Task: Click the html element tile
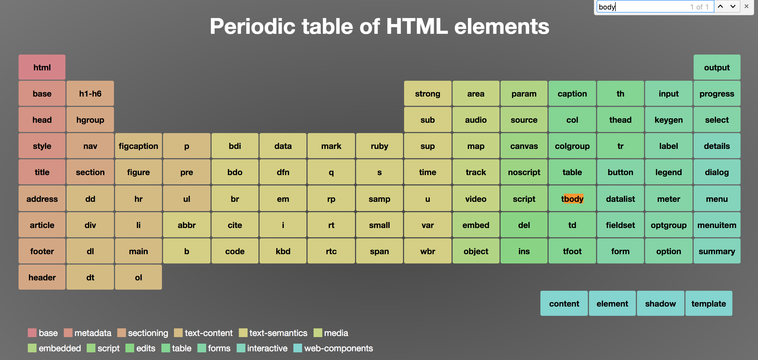pyautogui.click(x=42, y=67)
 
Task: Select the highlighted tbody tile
pyautogui.click(x=572, y=199)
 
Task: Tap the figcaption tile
pyautogui.click(x=138, y=146)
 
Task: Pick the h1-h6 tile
pyautogui.click(x=90, y=94)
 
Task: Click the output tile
pyautogui.click(x=717, y=67)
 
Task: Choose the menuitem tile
pyautogui.click(x=717, y=225)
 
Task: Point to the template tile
pyautogui.click(x=708, y=304)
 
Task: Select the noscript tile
pyautogui.click(x=524, y=172)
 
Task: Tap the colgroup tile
pyautogui.click(x=572, y=146)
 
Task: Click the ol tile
pyautogui.click(x=138, y=277)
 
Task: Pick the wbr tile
pyautogui.click(x=427, y=251)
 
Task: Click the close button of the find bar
pyautogui.click(x=746, y=7)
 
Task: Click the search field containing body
pyautogui.click(x=642, y=7)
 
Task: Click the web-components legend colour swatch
pyautogui.click(x=298, y=348)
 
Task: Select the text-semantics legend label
pyautogui.click(x=278, y=333)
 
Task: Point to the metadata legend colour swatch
pyautogui.click(x=68, y=333)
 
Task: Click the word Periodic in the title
pyautogui.click(x=252, y=26)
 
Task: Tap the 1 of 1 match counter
pyautogui.click(x=699, y=7)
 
